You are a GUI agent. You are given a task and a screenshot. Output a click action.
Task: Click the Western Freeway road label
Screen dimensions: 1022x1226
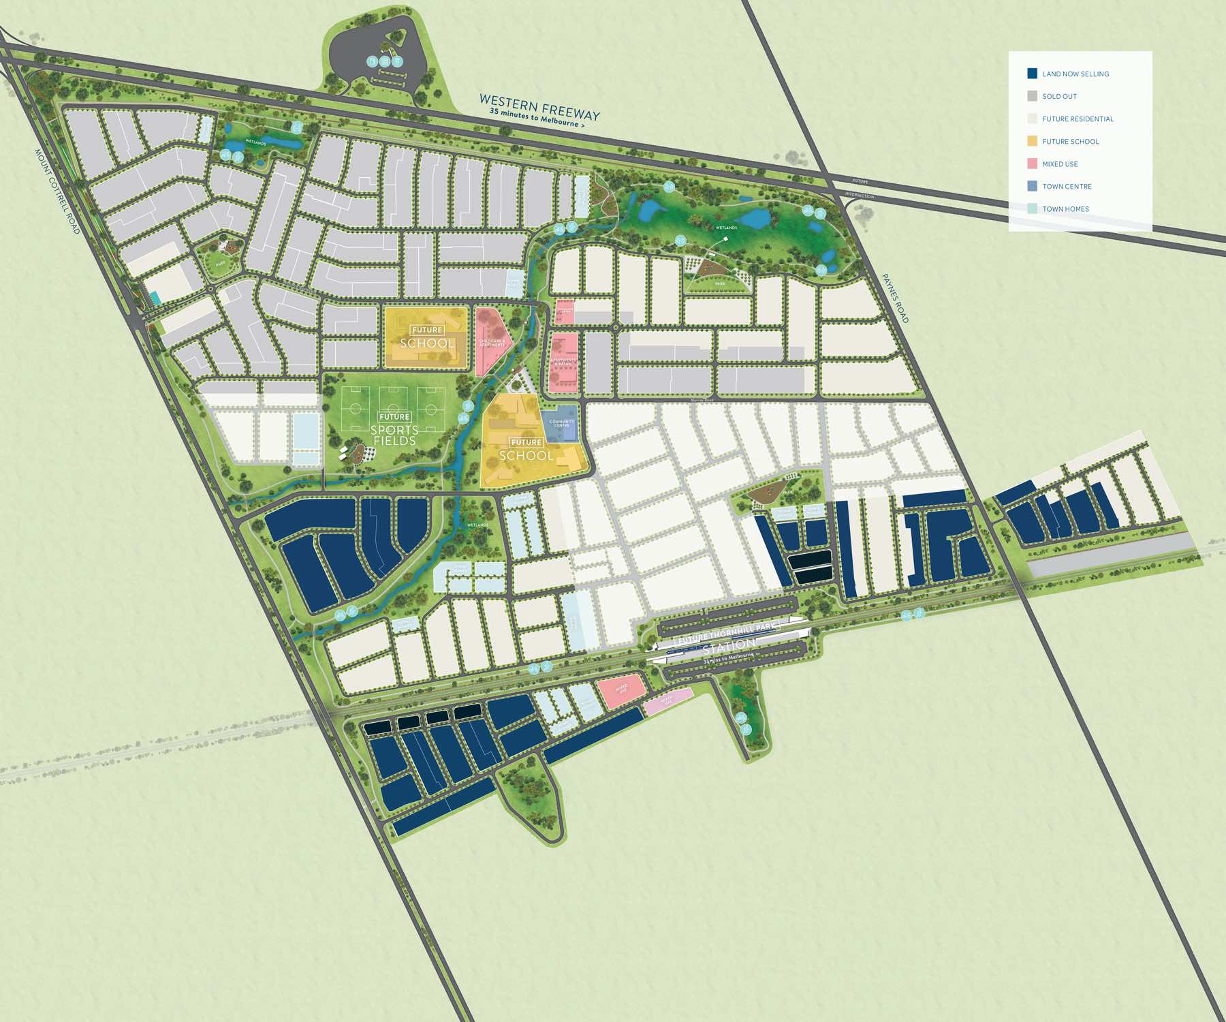[x=539, y=108]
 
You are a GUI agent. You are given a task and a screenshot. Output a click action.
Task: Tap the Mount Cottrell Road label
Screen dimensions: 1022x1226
[x=57, y=191]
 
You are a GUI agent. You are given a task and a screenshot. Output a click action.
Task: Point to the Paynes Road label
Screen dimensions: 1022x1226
[x=895, y=298]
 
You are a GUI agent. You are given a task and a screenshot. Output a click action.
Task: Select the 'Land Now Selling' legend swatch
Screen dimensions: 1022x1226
[x=1032, y=74]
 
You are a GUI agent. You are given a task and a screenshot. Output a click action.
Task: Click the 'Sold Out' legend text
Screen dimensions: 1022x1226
[x=1059, y=97]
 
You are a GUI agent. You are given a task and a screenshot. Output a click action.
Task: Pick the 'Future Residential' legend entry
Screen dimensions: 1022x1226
[x=1078, y=119]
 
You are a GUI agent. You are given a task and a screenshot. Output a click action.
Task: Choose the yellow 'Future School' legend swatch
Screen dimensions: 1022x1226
[x=1032, y=141]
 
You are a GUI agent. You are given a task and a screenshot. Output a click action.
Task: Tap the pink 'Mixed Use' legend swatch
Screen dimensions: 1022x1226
[x=1032, y=164]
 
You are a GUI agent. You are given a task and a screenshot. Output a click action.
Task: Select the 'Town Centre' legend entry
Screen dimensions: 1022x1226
[x=1067, y=187]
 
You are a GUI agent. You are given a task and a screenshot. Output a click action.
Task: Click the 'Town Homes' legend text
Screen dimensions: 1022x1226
[x=1065, y=209]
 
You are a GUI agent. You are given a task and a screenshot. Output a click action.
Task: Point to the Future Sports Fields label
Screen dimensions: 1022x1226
[x=394, y=430]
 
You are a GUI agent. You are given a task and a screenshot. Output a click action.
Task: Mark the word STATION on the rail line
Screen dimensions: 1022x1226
[x=729, y=645]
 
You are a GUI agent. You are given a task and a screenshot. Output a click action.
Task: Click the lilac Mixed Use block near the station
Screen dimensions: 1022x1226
[x=667, y=701]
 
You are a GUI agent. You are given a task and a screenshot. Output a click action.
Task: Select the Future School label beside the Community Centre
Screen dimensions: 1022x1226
[x=526, y=450]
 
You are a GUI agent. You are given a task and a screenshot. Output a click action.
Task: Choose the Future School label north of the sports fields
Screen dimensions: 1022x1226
[x=427, y=338]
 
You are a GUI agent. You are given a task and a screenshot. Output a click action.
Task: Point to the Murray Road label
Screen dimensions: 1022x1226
[x=702, y=401]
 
